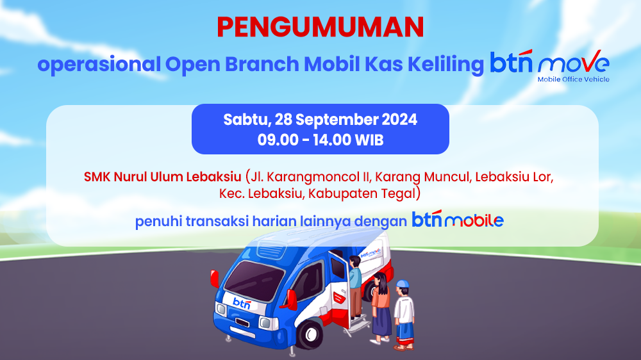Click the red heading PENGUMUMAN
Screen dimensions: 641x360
[x=320, y=28]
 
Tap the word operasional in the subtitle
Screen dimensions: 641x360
[x=99, y=65]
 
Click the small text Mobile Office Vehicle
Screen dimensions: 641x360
[x=574, y=79]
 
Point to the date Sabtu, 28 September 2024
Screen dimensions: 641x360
[x=320, y=120]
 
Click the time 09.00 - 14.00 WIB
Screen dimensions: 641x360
[x=320, y=140]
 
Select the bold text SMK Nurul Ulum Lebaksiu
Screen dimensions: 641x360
[x=162, y=177]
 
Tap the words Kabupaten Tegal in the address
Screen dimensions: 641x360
[x=362, y=193]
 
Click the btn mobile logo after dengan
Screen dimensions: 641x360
[x=458, y=219]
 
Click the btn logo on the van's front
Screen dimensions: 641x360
[x=242, y=303]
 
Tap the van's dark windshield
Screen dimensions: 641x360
[x=254, y=280]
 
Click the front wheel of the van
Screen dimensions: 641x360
[x=310, y=334]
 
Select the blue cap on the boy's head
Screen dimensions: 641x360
[x=403, y=284]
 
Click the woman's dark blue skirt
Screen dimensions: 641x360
[x=382, y=322]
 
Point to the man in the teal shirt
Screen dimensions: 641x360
[x=355, y=286]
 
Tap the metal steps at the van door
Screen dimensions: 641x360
[x=358, y=325]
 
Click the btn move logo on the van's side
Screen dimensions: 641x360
[x=370, y=253]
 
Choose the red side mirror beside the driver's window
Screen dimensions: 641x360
[x=291, y=300]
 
